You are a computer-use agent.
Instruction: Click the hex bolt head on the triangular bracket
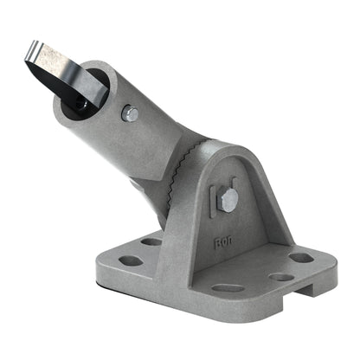(228, 200)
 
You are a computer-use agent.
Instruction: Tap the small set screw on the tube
(130, 112)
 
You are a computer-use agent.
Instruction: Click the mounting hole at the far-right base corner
(301, 257)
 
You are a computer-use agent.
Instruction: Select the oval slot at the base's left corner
(131, 260)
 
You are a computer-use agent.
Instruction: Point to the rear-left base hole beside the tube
(151, 241)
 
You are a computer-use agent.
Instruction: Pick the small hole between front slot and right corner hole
(281, 278)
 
